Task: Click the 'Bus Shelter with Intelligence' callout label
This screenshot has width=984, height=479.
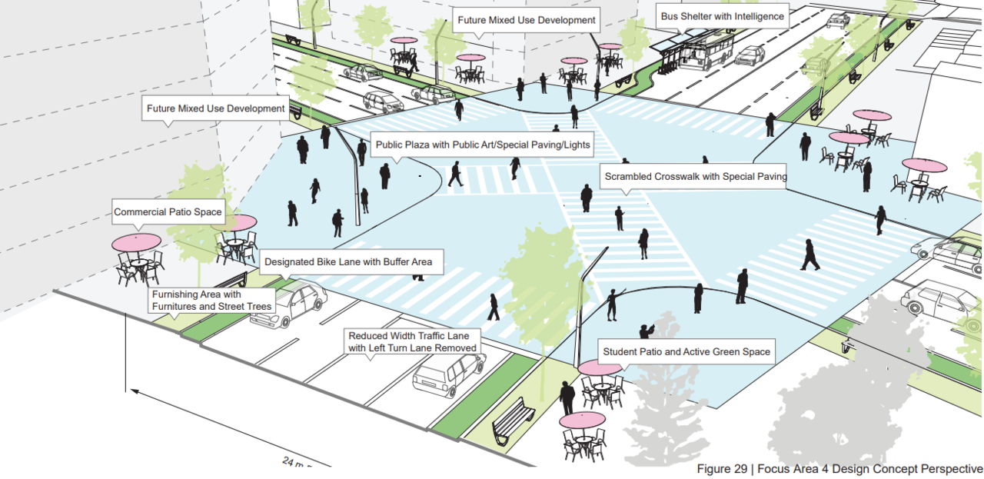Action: tap(722, 16)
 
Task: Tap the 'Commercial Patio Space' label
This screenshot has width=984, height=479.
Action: tap(168, 212)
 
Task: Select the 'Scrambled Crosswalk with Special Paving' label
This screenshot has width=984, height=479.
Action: tap(695, 177)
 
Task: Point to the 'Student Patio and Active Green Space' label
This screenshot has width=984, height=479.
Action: tap(686, 352)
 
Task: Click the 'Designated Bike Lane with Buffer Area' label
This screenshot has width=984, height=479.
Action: tap(348, 262)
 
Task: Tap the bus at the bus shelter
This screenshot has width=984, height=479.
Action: tap(705, 52)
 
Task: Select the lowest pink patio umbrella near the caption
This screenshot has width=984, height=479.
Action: tap(582, 420)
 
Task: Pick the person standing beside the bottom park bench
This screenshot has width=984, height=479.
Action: tap(567, 398)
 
